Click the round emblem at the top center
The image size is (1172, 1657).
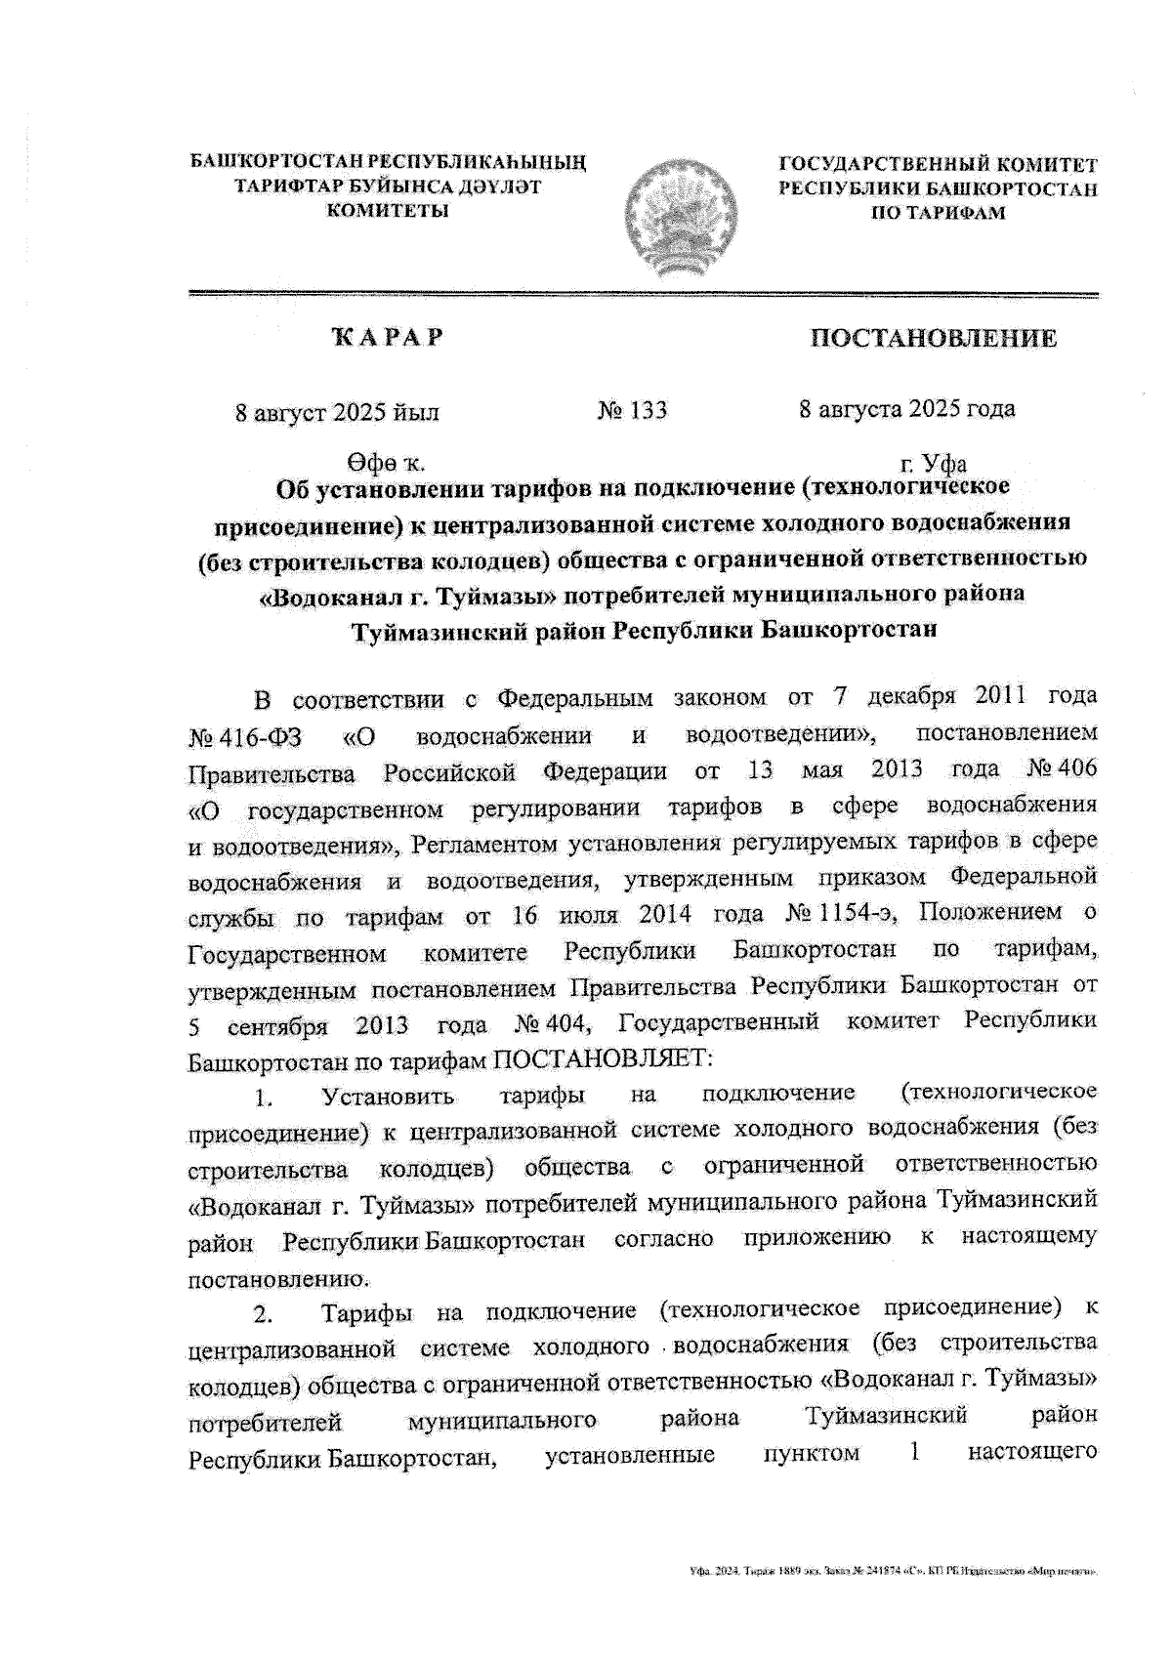679,209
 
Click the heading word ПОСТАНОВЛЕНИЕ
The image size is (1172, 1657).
933,339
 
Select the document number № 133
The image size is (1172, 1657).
632,410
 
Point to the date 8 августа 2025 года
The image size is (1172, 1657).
906,409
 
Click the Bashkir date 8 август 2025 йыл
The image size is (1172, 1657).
337,412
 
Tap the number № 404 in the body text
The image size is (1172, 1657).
551,1024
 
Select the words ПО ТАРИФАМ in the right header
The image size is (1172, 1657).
937,213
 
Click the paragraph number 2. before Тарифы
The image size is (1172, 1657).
262,1314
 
